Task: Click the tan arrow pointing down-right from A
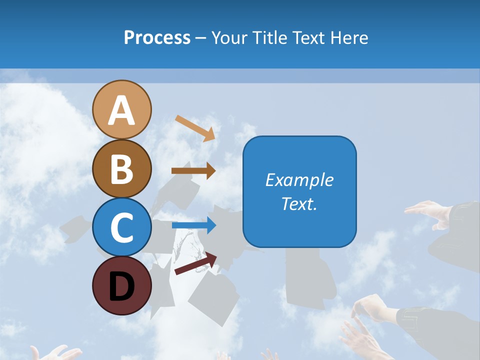coord(195,128)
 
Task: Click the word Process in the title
coord(157,38)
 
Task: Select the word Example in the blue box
coord(299,180)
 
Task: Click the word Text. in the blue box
coord(299,204)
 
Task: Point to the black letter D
coord(122,286)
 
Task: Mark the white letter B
coord(122,169)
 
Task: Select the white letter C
coord(122,227)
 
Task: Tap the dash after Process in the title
coord(201,38)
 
